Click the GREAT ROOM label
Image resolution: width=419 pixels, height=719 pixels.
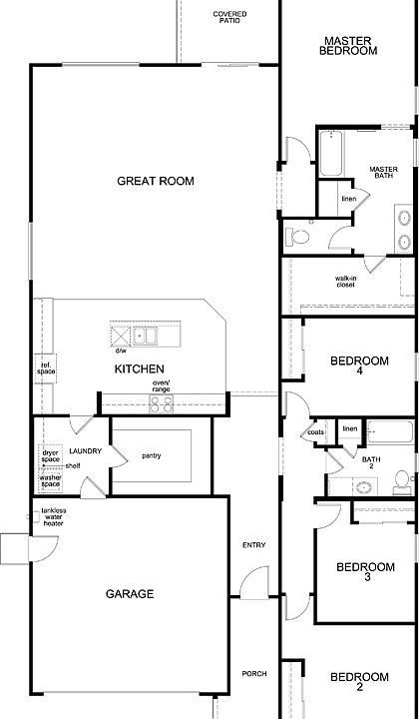coord(155,181)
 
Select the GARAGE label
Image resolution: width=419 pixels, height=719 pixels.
coord(130,594)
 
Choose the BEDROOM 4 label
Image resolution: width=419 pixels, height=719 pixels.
coord(359,366)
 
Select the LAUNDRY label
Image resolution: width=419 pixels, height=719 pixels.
coord(85,452)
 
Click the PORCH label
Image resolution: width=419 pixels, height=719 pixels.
coord(253,673)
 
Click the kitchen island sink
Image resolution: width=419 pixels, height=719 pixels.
coord(145,335)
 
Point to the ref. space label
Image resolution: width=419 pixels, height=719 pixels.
coord(46,368)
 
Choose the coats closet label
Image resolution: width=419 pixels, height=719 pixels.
coord(316,432)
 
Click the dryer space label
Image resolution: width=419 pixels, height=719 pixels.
coord(50,455)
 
